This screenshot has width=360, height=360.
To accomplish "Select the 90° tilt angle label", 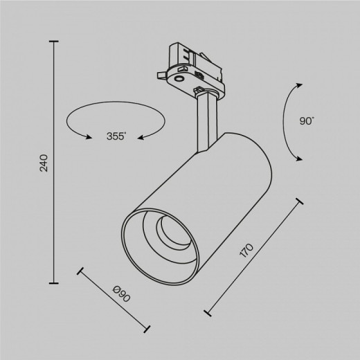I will pos(307,121).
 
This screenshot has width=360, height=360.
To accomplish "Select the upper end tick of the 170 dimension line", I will pos(300,202).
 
